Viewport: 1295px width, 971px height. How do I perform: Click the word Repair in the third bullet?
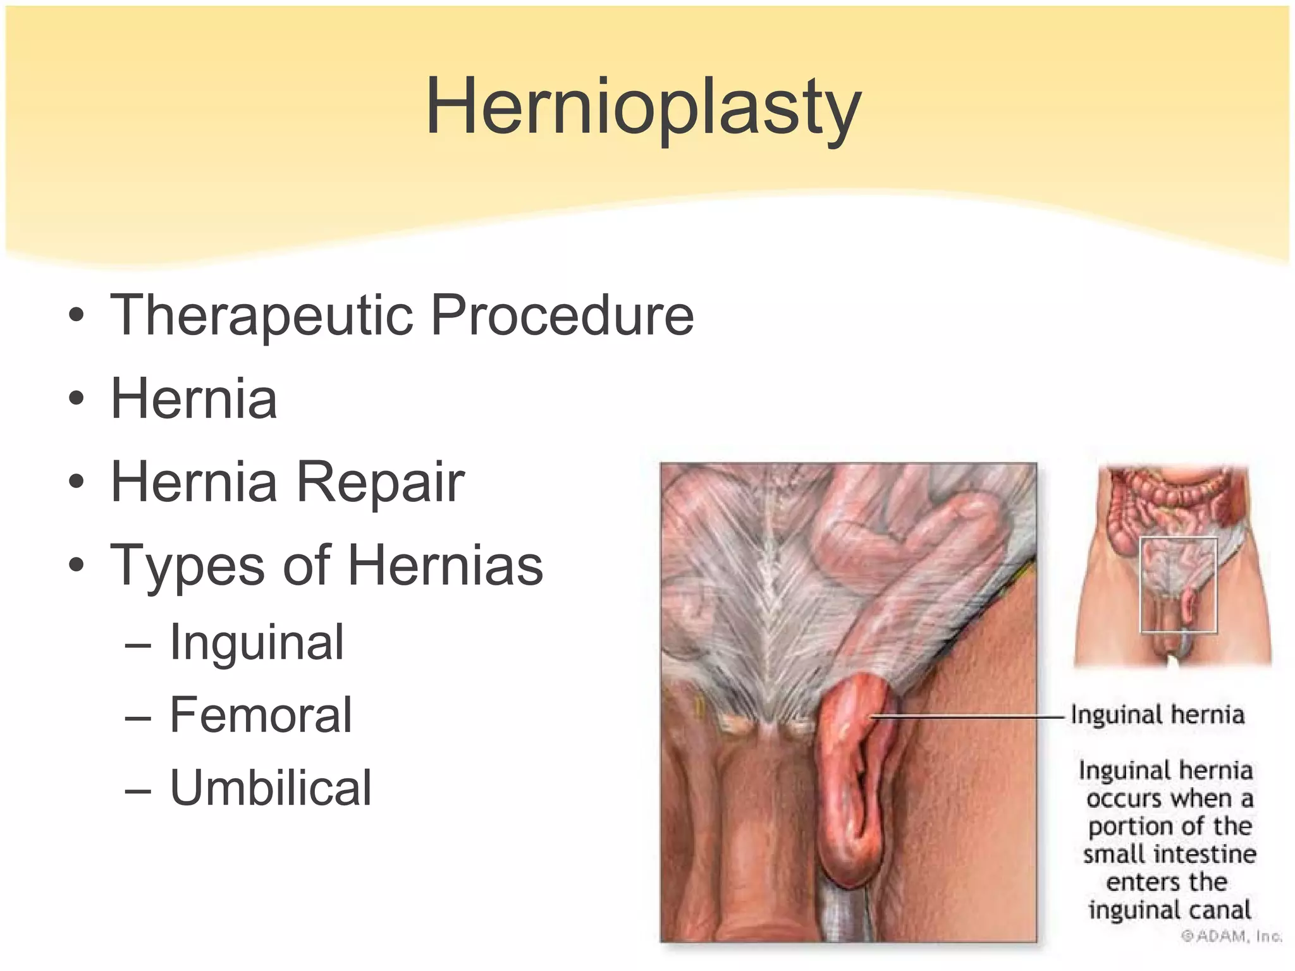point(381,482)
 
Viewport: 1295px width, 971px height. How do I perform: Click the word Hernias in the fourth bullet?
point(445,565)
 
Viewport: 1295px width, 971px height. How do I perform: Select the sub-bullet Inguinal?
point(257,642)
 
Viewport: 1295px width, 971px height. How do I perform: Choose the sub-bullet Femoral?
point(261,715)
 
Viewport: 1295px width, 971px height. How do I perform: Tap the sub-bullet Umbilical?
point(271,788)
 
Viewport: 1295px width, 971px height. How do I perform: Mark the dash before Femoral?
point(138,718)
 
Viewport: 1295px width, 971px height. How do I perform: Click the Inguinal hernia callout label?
point(1157,715)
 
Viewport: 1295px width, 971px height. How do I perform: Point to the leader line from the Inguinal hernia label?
point(967,717)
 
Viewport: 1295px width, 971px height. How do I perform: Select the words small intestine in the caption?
point(1169,855)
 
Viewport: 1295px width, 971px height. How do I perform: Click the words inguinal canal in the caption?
point(1169,910)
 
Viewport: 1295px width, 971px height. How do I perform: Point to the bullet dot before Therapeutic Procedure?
point(77,315)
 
